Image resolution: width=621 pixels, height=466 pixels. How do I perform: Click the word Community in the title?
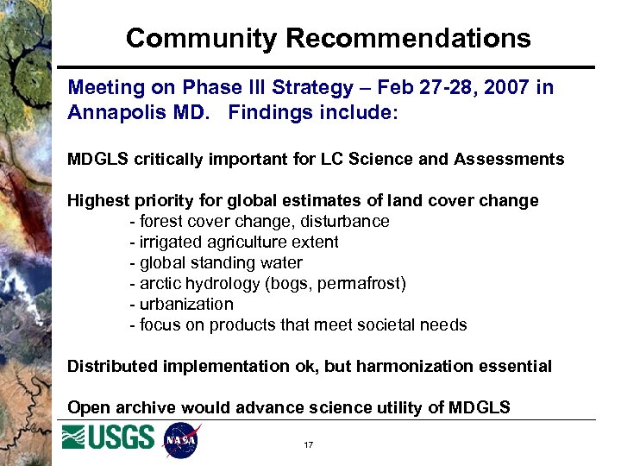click(x=202, y=38)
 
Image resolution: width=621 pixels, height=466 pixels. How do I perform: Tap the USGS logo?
click(x=109, y=438)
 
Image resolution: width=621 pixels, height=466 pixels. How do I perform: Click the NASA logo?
click(x=181, y=440)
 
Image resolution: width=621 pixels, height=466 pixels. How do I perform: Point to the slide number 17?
click(x=308, y=445)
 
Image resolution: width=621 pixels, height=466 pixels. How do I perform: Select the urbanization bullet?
click(x=185, y=305)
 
